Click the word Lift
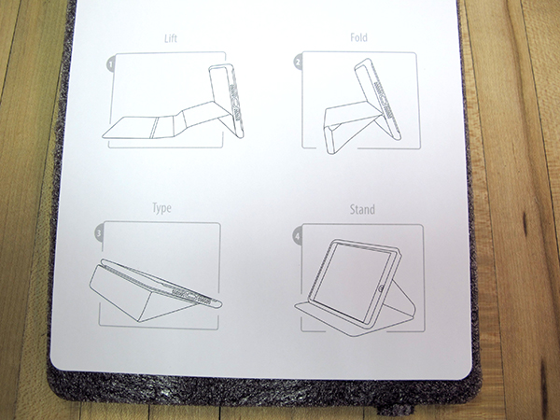coord(171,38)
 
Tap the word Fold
coord(358,37)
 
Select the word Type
coord(161,208)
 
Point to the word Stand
coord(362,209)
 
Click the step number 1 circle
coord(111,65)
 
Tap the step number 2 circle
coord(298,63)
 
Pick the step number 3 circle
coord(99,233)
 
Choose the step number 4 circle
coord(298,236)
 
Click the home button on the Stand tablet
coord(382,287)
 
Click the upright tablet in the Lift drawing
coord(226,100)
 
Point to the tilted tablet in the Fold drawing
coord(377,99)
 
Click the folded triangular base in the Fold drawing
coord(342,126)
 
